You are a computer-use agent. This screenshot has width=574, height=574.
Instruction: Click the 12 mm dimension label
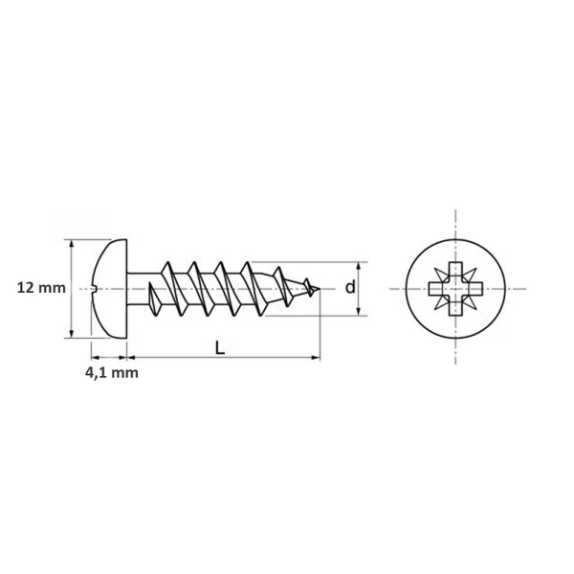click(41, 288)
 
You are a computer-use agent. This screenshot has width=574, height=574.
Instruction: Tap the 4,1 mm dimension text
click(112, 373)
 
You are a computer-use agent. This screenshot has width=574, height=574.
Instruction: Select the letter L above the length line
click(219, 348)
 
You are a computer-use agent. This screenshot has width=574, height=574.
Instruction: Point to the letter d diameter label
click(350, 287)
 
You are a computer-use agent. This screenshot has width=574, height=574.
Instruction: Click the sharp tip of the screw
click(320, 289)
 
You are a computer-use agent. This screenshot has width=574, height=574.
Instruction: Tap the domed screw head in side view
click(110, 289)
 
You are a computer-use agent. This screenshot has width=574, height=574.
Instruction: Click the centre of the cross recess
click(455, 289)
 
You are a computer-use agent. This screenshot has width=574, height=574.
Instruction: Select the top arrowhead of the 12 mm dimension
click(72, 245)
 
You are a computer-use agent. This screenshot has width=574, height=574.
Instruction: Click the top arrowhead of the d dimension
click(359, 268)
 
